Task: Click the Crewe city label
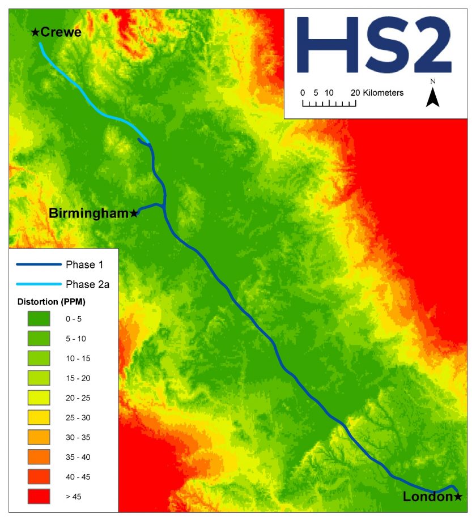pyautogui.click(x=61, y=32)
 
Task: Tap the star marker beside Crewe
pyautogui.click(x=35, y=32)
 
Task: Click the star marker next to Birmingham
pyautogui.click(x=134, y=213)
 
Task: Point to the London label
pyautogui.click(x=428, y=497)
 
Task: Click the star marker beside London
pyautogui.click(x=458, y=497)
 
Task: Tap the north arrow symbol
pyautogui.click(x=433, y=98)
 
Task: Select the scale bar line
pyautogui.click(x=329, y=104)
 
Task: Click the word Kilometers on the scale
pyautogui.click(x=384, y=92)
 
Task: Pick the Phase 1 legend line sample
pyautogui.click(x=39, y=264)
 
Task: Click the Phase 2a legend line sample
pyautogui.click(x=39, y=284)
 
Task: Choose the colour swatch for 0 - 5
pyautogui.click(x=38, y=319)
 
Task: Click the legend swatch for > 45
pyautogui.click(x=38, y=497)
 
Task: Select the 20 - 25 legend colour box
pyautogui.click(x=38, y=398)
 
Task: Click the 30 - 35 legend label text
pyautogui.click(x=78, y=437)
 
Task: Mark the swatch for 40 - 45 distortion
pyautogui.click(x=38, y=477)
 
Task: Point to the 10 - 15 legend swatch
pyautogui.click(x=38, y=358)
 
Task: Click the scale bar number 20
pyautogui.click(x=355, y=92)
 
